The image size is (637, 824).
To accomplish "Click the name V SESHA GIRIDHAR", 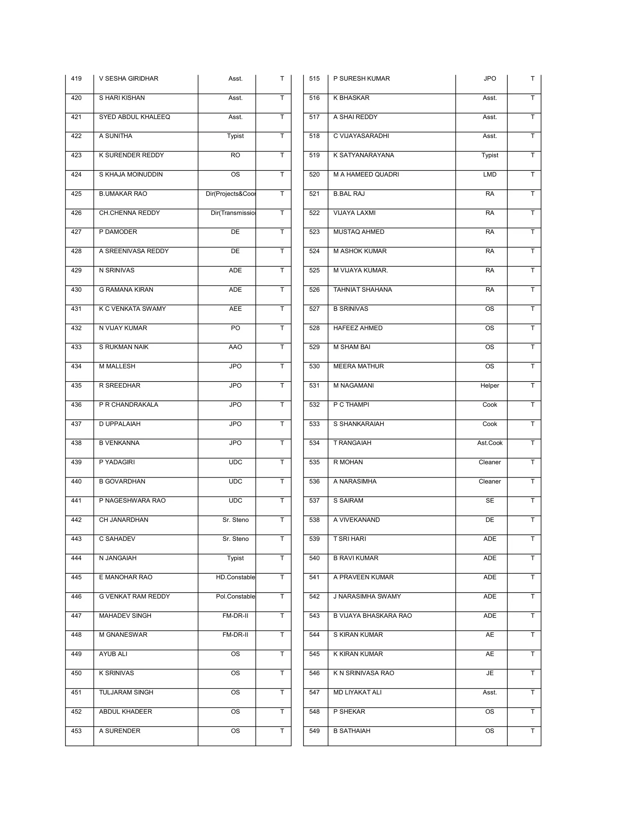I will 128,78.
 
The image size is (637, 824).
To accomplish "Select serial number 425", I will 76,193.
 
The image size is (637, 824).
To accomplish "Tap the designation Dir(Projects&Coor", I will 230,193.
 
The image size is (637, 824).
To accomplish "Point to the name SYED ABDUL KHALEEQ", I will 134,117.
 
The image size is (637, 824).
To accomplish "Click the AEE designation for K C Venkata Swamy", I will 235,309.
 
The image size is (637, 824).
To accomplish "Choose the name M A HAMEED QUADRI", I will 366,174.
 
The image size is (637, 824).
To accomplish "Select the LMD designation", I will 490,174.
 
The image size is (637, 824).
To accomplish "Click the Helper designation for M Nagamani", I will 490,385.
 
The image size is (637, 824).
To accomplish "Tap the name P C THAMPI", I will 351,405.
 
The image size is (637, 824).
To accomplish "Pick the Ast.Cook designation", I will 490,443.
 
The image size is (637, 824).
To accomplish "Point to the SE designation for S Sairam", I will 490,500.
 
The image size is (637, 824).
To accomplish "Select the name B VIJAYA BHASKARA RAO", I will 372,615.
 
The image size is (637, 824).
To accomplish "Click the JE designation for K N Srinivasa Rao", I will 490,673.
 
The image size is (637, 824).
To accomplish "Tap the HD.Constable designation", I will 235,577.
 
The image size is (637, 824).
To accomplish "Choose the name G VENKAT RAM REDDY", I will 134,596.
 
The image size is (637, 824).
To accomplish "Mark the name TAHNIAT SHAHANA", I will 362,289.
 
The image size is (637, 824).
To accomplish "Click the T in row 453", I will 281,731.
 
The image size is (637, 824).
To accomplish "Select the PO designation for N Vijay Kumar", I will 235,328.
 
